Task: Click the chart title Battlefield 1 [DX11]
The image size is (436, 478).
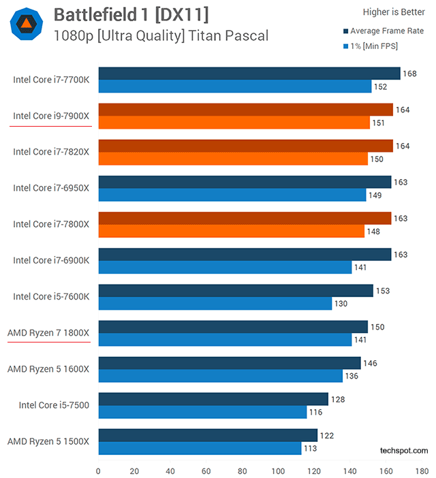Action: pos(131,14)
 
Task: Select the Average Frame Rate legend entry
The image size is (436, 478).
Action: pos(386,31)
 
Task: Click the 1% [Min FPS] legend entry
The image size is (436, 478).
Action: pos(374,47)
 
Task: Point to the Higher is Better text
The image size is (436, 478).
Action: pos(394,11)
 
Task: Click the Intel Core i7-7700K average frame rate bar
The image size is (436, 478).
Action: pos(249,74)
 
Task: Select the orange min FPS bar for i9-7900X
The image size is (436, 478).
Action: pos(234,123)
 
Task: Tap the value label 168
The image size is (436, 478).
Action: pos(409,74)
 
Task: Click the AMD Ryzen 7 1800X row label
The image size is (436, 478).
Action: pos(48,332)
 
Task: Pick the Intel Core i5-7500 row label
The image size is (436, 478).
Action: pos(54,405)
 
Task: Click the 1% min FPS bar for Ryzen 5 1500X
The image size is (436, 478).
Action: pos(200,449)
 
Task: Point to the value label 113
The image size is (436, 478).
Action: pos(311,449)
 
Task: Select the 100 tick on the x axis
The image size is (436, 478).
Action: pos(279,471)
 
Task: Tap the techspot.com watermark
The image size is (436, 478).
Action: pos(404,451)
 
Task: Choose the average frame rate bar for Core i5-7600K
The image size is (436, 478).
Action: pos(236,291)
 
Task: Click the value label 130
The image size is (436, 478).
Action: pos(341,304)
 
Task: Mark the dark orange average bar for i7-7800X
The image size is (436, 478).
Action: pos(245,218)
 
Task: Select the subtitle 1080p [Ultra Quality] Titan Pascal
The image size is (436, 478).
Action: pos(161,35)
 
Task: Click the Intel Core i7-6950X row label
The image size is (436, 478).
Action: pos(51,188)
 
